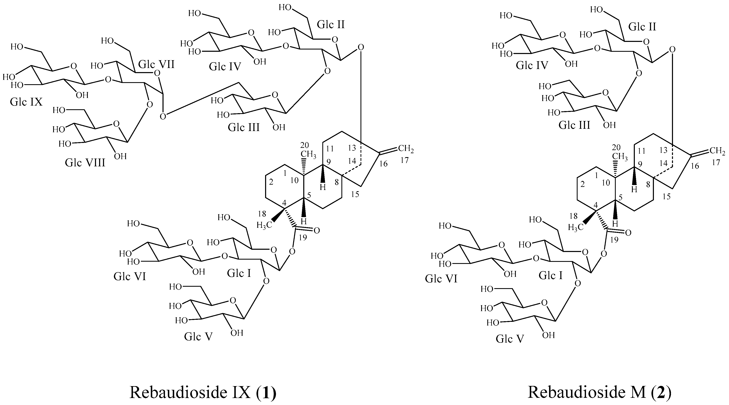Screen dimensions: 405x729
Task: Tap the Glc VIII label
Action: (x=85, y=163)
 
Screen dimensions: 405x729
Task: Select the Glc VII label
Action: (x=156, y=64)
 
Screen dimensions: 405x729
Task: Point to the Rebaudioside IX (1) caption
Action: (x=203, y=392)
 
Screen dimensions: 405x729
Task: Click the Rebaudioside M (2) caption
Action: (x=599, y=392)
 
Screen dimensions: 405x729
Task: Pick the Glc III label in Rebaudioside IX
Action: (x=244, y=128)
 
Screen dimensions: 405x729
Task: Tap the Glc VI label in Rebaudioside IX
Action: (x=130, y=276)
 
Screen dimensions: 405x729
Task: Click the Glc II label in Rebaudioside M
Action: (x=642, y=27)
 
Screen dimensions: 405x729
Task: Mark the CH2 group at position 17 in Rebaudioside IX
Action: (x=406, y=148)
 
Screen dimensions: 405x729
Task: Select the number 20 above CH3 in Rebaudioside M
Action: (x=616, y=147)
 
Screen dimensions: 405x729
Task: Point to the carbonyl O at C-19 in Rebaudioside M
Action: (x=628, y=233)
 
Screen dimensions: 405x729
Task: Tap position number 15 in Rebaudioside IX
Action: (x=355, y=194)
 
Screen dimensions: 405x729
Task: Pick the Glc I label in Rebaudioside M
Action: (x=550, y=275)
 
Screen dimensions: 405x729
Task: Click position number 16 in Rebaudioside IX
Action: (x=383, y=164)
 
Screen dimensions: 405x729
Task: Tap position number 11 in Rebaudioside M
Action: (x=642, y=151)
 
